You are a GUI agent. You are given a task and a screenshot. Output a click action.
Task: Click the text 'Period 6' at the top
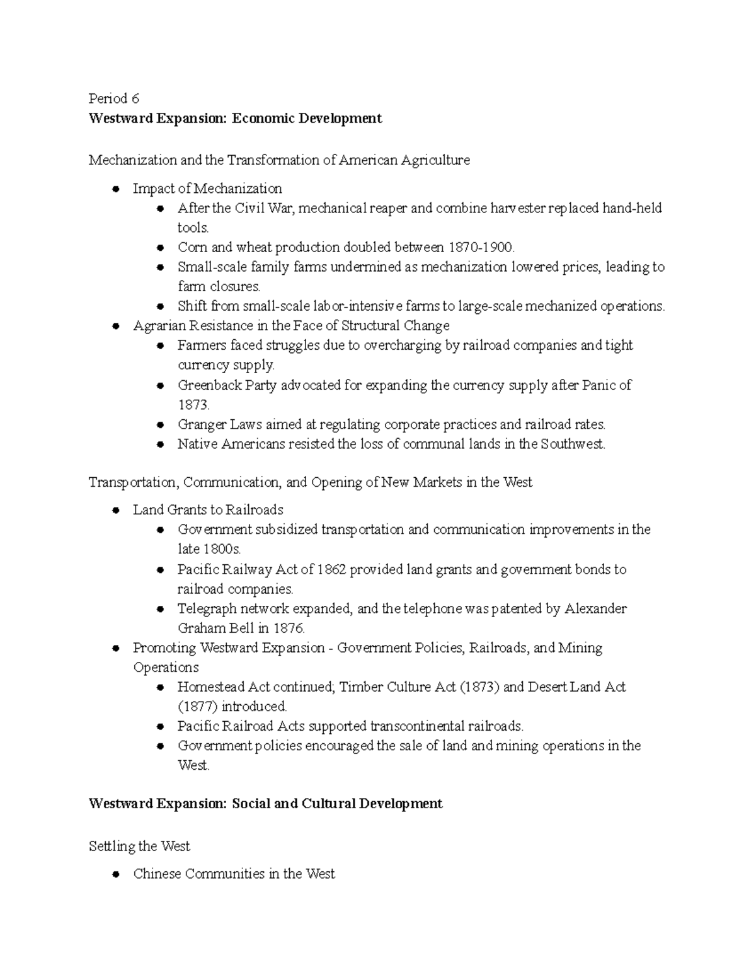pyautogui.click(x=113, y=98)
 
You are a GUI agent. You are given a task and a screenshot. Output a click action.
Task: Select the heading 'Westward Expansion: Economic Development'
pyautogui.click(x=235, y=119)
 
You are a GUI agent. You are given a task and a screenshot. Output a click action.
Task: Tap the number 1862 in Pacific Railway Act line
pyautogui.click(x=331, y=569)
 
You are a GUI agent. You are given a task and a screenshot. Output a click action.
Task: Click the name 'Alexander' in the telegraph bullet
pyautogui.click(x=595, y=609)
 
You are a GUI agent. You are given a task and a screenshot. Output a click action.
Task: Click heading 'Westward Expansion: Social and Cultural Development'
pyautogui.click(x=265, y=804)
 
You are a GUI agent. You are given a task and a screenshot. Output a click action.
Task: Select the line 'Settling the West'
pyautogui.click(x=139, y=846)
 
